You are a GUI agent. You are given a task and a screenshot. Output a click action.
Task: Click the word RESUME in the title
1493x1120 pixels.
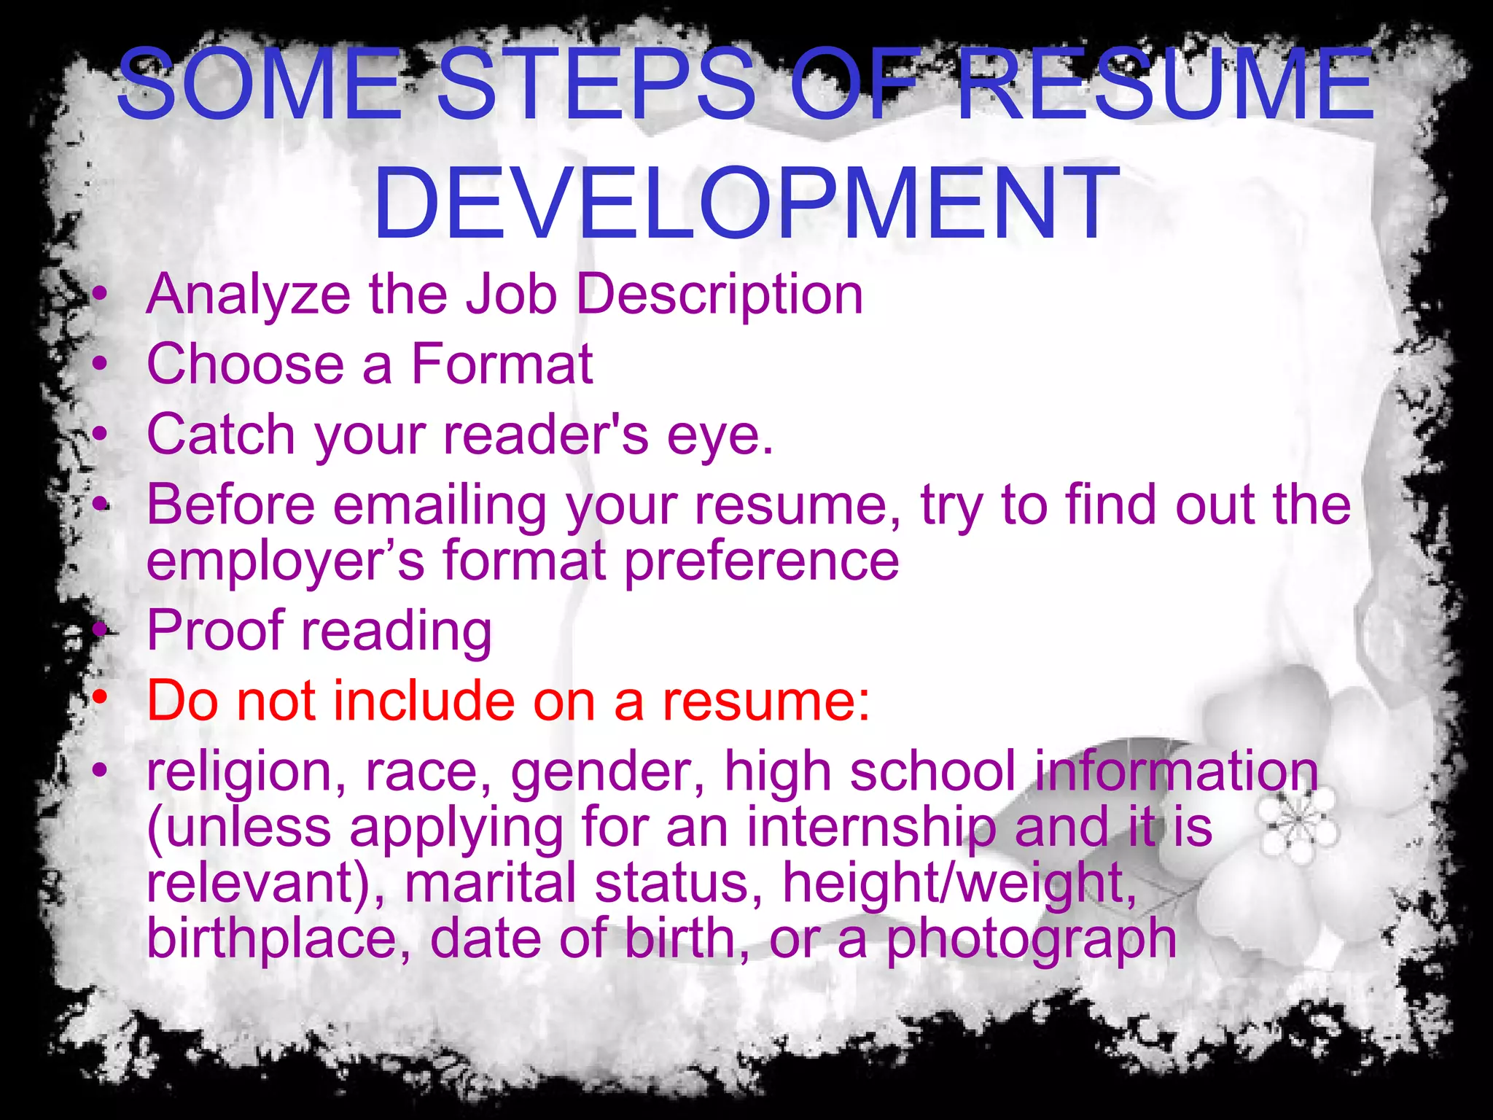[x=1165, y=85]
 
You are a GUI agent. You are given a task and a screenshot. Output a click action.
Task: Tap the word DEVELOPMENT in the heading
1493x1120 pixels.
[x=746, y=203]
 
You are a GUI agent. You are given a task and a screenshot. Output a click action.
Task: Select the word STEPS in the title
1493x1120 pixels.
[x=596, y=85]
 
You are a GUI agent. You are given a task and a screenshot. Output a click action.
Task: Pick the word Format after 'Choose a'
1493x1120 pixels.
[x=502, y=364]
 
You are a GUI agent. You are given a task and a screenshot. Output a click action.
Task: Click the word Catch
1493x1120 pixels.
[x=221, y=435]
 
